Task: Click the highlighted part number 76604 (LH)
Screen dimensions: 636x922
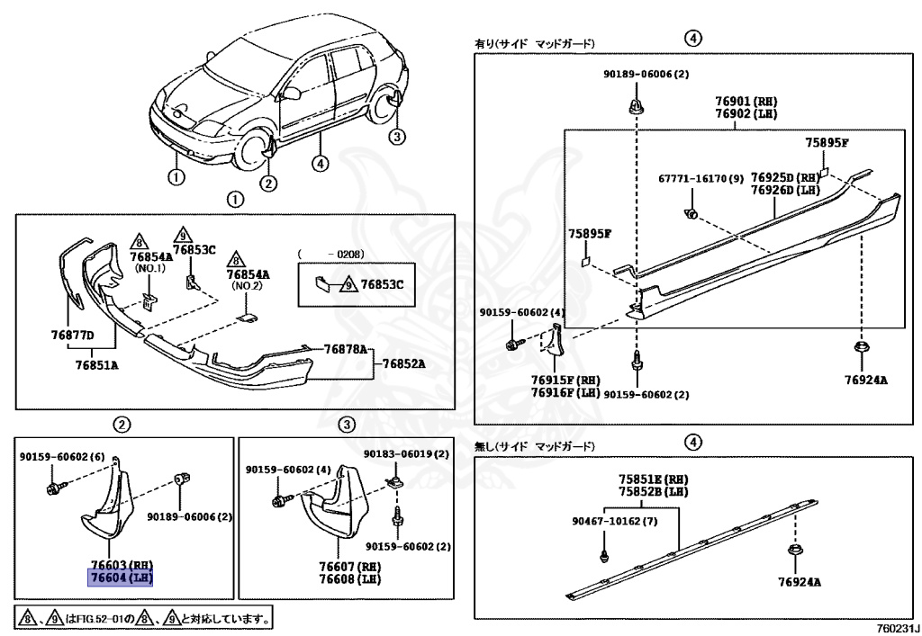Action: click(x=120, y=578)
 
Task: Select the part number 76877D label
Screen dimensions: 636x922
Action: click(x=73, y=336)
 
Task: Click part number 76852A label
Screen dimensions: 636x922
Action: click(x=403, y=363)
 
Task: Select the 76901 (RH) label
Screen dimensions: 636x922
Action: click(x=746, y=102)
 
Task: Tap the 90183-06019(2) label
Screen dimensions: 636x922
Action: click(x=406, y=455)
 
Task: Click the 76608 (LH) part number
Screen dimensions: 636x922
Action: click(x=336, y=579)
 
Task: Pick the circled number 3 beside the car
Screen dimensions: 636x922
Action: click(x=398, y=136)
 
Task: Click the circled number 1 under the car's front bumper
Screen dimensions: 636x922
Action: click(x=176, y=176)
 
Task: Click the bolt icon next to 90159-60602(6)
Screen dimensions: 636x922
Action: click(x=52, y=487)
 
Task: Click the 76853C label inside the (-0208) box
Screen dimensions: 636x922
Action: click(x=383, y=284)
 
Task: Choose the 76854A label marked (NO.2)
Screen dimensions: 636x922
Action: click(x=249, y=273)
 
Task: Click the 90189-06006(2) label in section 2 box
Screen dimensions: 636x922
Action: click(x=190, y=517)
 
